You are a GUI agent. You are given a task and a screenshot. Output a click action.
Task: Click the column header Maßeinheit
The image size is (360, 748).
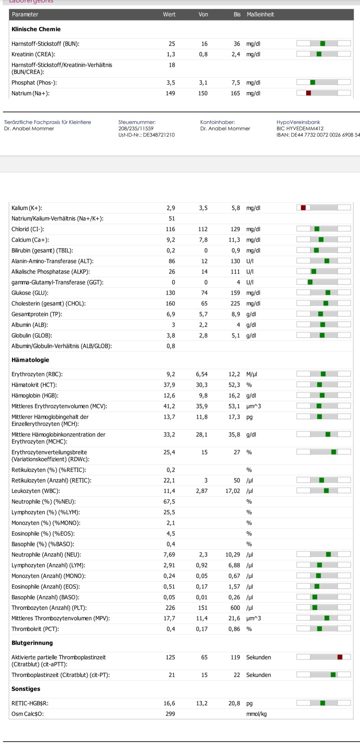pyautogui.click(x=260, y=14)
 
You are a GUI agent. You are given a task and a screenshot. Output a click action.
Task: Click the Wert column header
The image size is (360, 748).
pyautogui.click(x=169, y=14)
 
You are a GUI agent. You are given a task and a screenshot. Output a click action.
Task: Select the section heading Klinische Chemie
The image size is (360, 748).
pyautogui.click(x=36, y=29)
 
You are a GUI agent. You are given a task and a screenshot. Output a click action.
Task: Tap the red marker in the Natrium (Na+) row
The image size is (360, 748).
pyautogui.click(x=308, y=93)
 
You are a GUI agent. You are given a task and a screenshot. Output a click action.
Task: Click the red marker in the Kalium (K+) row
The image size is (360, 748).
pyautogui.click(x=303, y=208)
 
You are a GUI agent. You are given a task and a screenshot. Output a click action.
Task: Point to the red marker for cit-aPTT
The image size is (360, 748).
pyautogui.click(x=340, y=657)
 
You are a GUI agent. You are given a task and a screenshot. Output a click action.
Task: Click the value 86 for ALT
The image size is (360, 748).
pyautogui.click(x=172, y=261)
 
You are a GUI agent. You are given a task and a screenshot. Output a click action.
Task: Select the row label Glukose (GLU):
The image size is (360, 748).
pyautogui.click(x=30, y=293)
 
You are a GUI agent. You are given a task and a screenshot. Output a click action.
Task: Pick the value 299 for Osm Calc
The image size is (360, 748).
pyautogui.click(x=170, y=714)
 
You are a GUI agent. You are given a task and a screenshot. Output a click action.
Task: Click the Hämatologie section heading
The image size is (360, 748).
pyautogui.click(x=30, y=360)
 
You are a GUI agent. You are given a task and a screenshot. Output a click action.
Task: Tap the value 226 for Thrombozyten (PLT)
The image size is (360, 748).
pyautogui.click(x=170, y=608)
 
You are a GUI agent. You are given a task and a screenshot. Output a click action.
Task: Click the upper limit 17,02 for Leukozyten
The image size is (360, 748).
pyautogui.click(x=233, y=491)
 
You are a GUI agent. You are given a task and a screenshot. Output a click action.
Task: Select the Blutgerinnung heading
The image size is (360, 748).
pyautogui.click(x=32, y=643)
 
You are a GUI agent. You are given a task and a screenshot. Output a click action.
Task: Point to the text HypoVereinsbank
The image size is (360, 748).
pyautogui.click(x=298, y=122)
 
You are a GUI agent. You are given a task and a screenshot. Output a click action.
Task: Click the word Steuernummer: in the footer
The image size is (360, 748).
pyautogui.click(x=137, y=122)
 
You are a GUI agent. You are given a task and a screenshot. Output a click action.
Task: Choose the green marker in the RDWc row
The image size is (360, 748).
pyautogui.click(x=334, y=452)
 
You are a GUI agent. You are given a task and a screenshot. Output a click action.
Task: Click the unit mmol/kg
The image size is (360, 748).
pyautogui.click(x=256, y=714)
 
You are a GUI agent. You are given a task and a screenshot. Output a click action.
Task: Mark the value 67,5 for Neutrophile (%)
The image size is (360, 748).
pyautogui.click(x=169, y=502)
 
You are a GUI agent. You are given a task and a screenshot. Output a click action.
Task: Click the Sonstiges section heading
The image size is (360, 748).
pyautogui.click(x=26, y=689)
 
